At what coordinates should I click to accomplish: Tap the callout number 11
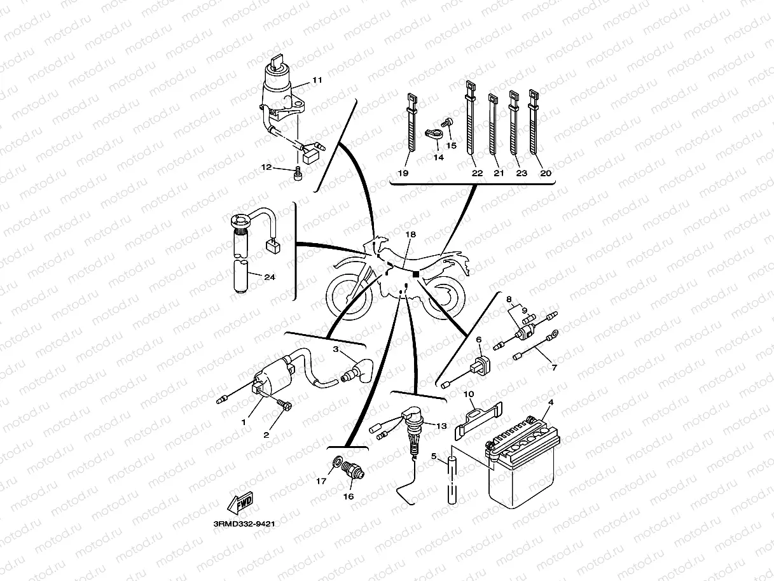coord(317,80)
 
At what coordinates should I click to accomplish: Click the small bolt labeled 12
coord(298,173)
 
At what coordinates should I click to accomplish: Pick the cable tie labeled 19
coord(410,127)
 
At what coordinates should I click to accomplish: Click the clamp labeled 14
coord(432,134)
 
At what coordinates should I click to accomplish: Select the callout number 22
coord(477,173)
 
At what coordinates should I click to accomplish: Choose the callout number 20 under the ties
coord(545,173)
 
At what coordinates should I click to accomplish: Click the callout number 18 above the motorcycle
coord(410,235)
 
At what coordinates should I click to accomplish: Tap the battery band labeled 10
coord(478,420)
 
